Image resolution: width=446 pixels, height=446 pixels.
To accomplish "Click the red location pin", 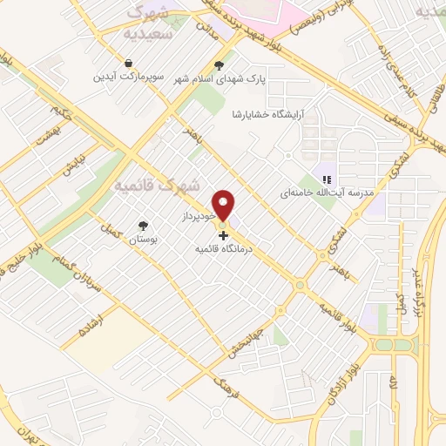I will [225, 204].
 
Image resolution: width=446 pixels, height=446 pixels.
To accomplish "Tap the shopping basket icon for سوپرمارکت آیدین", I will [129, 64].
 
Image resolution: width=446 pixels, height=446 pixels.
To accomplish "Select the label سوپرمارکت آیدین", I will [129, 78].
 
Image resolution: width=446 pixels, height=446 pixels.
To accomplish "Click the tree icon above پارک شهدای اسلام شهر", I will [219, 65].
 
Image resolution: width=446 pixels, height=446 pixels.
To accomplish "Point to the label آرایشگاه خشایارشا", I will [266, 114].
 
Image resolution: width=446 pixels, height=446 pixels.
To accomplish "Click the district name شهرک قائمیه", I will [158, 186].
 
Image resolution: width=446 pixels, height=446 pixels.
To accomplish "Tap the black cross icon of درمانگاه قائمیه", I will [223, 235].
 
